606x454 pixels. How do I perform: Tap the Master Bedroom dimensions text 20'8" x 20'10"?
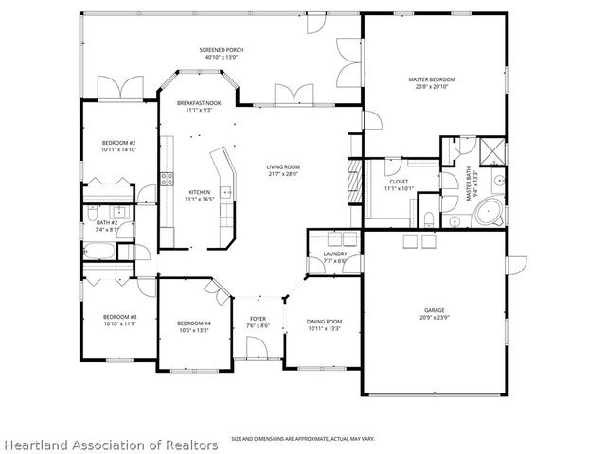[432, 87]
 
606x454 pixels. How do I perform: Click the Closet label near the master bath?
[398, 181]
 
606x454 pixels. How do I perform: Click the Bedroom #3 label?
[120, 317]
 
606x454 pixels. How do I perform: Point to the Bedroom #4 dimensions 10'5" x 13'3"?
[194, 331]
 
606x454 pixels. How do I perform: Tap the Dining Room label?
[324, 323]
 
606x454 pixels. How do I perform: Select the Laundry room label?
[334, 253]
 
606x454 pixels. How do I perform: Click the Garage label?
[434, 310]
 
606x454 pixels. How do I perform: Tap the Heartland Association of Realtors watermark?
[110, 444]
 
